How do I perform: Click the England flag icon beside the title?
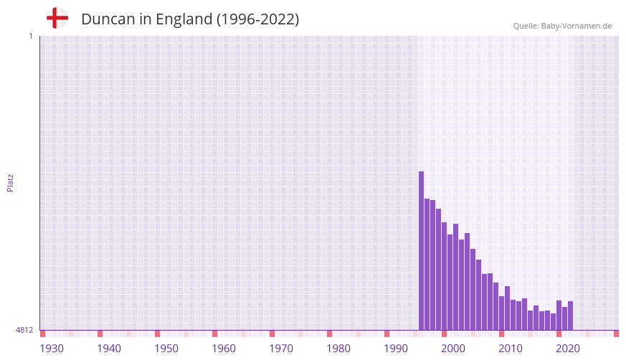[57, 19]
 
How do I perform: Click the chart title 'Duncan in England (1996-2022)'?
[190, 19]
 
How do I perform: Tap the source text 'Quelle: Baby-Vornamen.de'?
[562, 26]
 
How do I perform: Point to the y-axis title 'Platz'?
[10, 182]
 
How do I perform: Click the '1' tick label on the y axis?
[30, 36]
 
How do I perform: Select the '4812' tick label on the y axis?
[24, 330]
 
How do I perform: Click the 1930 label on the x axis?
[52, 349]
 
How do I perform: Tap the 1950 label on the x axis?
[166, 349]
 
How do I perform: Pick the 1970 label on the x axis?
[281, 349]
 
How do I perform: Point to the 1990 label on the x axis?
[396, 349]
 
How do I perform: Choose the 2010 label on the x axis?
[511, 349]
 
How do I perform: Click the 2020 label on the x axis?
[568, 349]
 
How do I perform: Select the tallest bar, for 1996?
[422, 251]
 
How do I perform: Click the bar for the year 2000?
[445, 276]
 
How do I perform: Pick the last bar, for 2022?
[571, 316]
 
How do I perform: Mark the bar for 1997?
[427, 265]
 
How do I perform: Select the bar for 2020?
[559, 316]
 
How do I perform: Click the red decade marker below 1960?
[214, 333]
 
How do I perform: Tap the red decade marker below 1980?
[329, 333]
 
